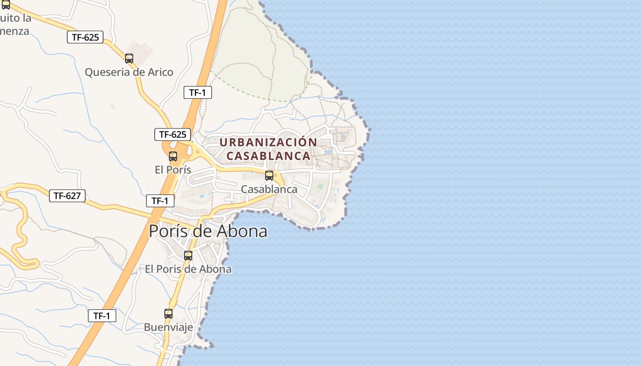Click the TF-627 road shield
coord(67,196)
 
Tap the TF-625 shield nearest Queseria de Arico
coord(85,37)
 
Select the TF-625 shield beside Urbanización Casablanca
coord(172,134)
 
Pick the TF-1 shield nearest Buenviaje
coord(102,315)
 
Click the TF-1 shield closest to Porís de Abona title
coord(160,200)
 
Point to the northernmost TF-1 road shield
coord(197,92)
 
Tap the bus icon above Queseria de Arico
coord(129,58)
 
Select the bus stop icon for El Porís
coord(173,156)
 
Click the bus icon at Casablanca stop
coord(269,175)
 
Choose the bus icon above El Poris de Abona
coord(188,255)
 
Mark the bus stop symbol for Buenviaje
coord(168,313)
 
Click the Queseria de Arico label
coord(129,72)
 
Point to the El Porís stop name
coord(173,169)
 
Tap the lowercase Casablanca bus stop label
coord(269,189)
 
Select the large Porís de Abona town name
coord(208,231)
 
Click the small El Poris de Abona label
coord(188,269)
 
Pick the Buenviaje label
coord(168,327)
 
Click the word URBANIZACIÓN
coord(268,142)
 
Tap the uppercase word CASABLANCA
coord(268,156)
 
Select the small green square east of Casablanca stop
coord(320,186)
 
